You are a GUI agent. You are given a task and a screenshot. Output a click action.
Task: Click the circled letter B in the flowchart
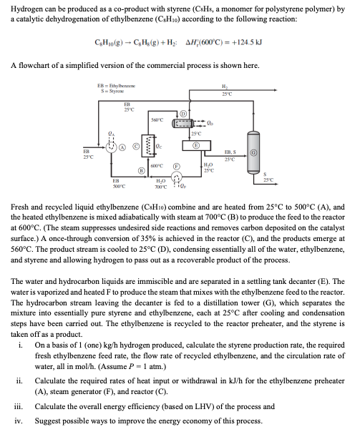(141, 170)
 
